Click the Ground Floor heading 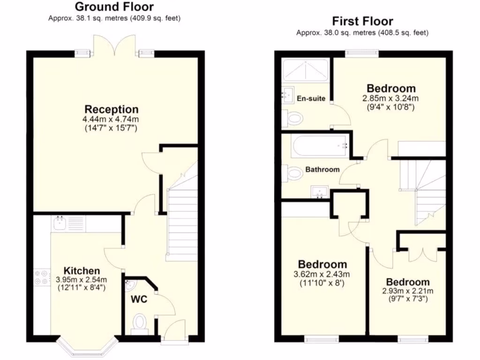114,7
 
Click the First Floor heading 362,21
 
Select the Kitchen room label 82,270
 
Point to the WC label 139,300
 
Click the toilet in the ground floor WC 140,323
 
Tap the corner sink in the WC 129,285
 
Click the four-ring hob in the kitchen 40,277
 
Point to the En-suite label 311,99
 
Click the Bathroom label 322,170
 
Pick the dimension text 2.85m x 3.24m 390,98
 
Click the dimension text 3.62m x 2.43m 322,274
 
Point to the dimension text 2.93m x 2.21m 407,291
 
